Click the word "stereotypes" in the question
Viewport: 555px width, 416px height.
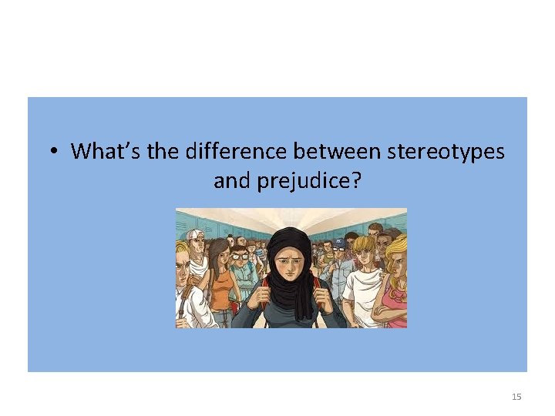pyautogui.click(x=446, y=151)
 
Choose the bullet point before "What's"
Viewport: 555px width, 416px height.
pyautogui.click(x=52, y=152)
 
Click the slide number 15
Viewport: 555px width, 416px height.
pyautogui.click(x=516, y=397)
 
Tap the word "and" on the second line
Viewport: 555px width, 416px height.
pyautogui.click(x=230, y=182)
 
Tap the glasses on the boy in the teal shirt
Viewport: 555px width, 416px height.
pyautogui.click(x=240, y=254)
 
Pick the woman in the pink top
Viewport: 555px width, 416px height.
pyautogui.click(x=395, y=293)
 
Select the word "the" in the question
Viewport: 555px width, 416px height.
pyautogui.click(x=162, y=151)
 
